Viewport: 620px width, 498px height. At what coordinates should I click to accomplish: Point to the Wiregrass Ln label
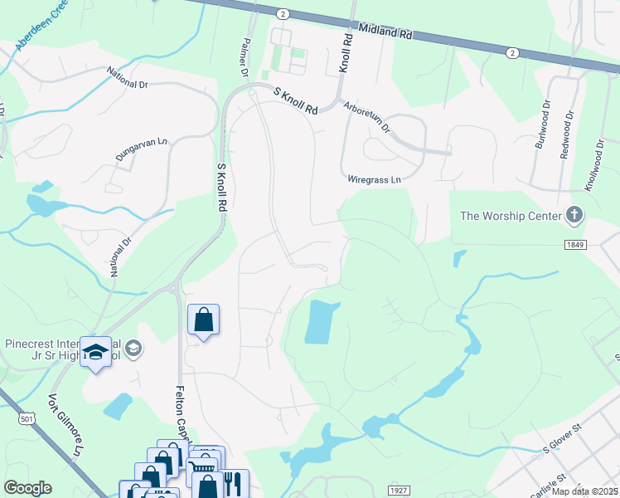pos(374,179)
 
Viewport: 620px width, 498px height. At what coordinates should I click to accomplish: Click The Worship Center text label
pos(510,216)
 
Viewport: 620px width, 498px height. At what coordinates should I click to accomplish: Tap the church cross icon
pos(574,216)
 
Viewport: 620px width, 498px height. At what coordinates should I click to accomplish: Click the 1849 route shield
pos(576,245)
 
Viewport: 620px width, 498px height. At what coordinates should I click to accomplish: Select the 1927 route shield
pos(399,491)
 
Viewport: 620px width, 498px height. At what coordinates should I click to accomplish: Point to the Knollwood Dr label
pos(592,164)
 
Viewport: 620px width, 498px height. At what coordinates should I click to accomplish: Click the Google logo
pos(27,488)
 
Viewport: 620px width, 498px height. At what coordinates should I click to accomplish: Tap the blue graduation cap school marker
pos(95,352)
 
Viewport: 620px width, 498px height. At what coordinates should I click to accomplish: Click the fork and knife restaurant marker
pos(233,483)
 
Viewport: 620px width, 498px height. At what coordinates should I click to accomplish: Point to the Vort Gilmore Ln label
pos(68,437)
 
